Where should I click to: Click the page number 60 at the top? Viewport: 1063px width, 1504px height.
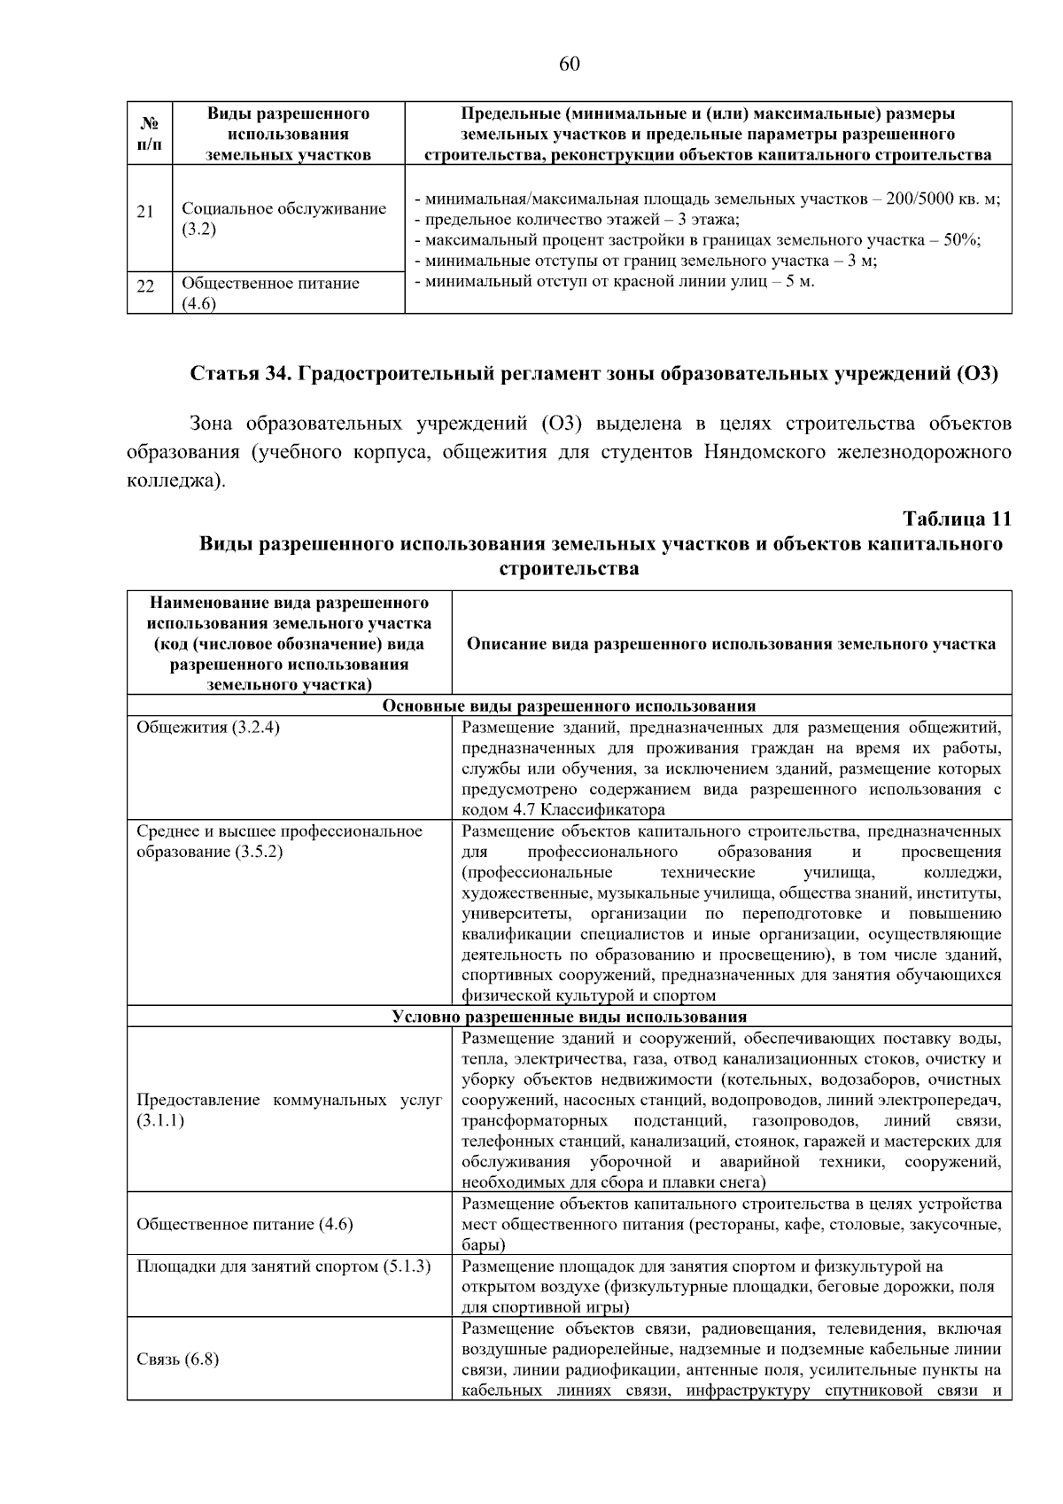(569, 64)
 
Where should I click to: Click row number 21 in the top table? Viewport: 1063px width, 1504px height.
(145, 212)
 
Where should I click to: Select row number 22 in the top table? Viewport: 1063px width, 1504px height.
(145, 286)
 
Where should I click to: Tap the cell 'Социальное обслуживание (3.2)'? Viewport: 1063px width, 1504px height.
(283, 219)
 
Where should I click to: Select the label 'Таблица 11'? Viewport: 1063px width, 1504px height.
(957, 518)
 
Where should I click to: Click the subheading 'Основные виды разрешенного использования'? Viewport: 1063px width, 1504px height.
(569, 705)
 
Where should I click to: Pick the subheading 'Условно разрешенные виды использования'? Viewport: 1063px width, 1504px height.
(569, 1017)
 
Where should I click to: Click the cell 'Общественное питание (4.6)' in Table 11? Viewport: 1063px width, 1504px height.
(244, 1224)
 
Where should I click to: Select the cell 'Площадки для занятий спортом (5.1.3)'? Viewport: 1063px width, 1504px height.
(283, 1266)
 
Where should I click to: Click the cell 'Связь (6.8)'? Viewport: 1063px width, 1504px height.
(178, 1359)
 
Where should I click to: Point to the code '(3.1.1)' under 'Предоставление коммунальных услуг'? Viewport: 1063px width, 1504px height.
(160, 1120)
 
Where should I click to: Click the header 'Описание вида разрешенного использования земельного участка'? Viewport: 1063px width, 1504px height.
(731, 644)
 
